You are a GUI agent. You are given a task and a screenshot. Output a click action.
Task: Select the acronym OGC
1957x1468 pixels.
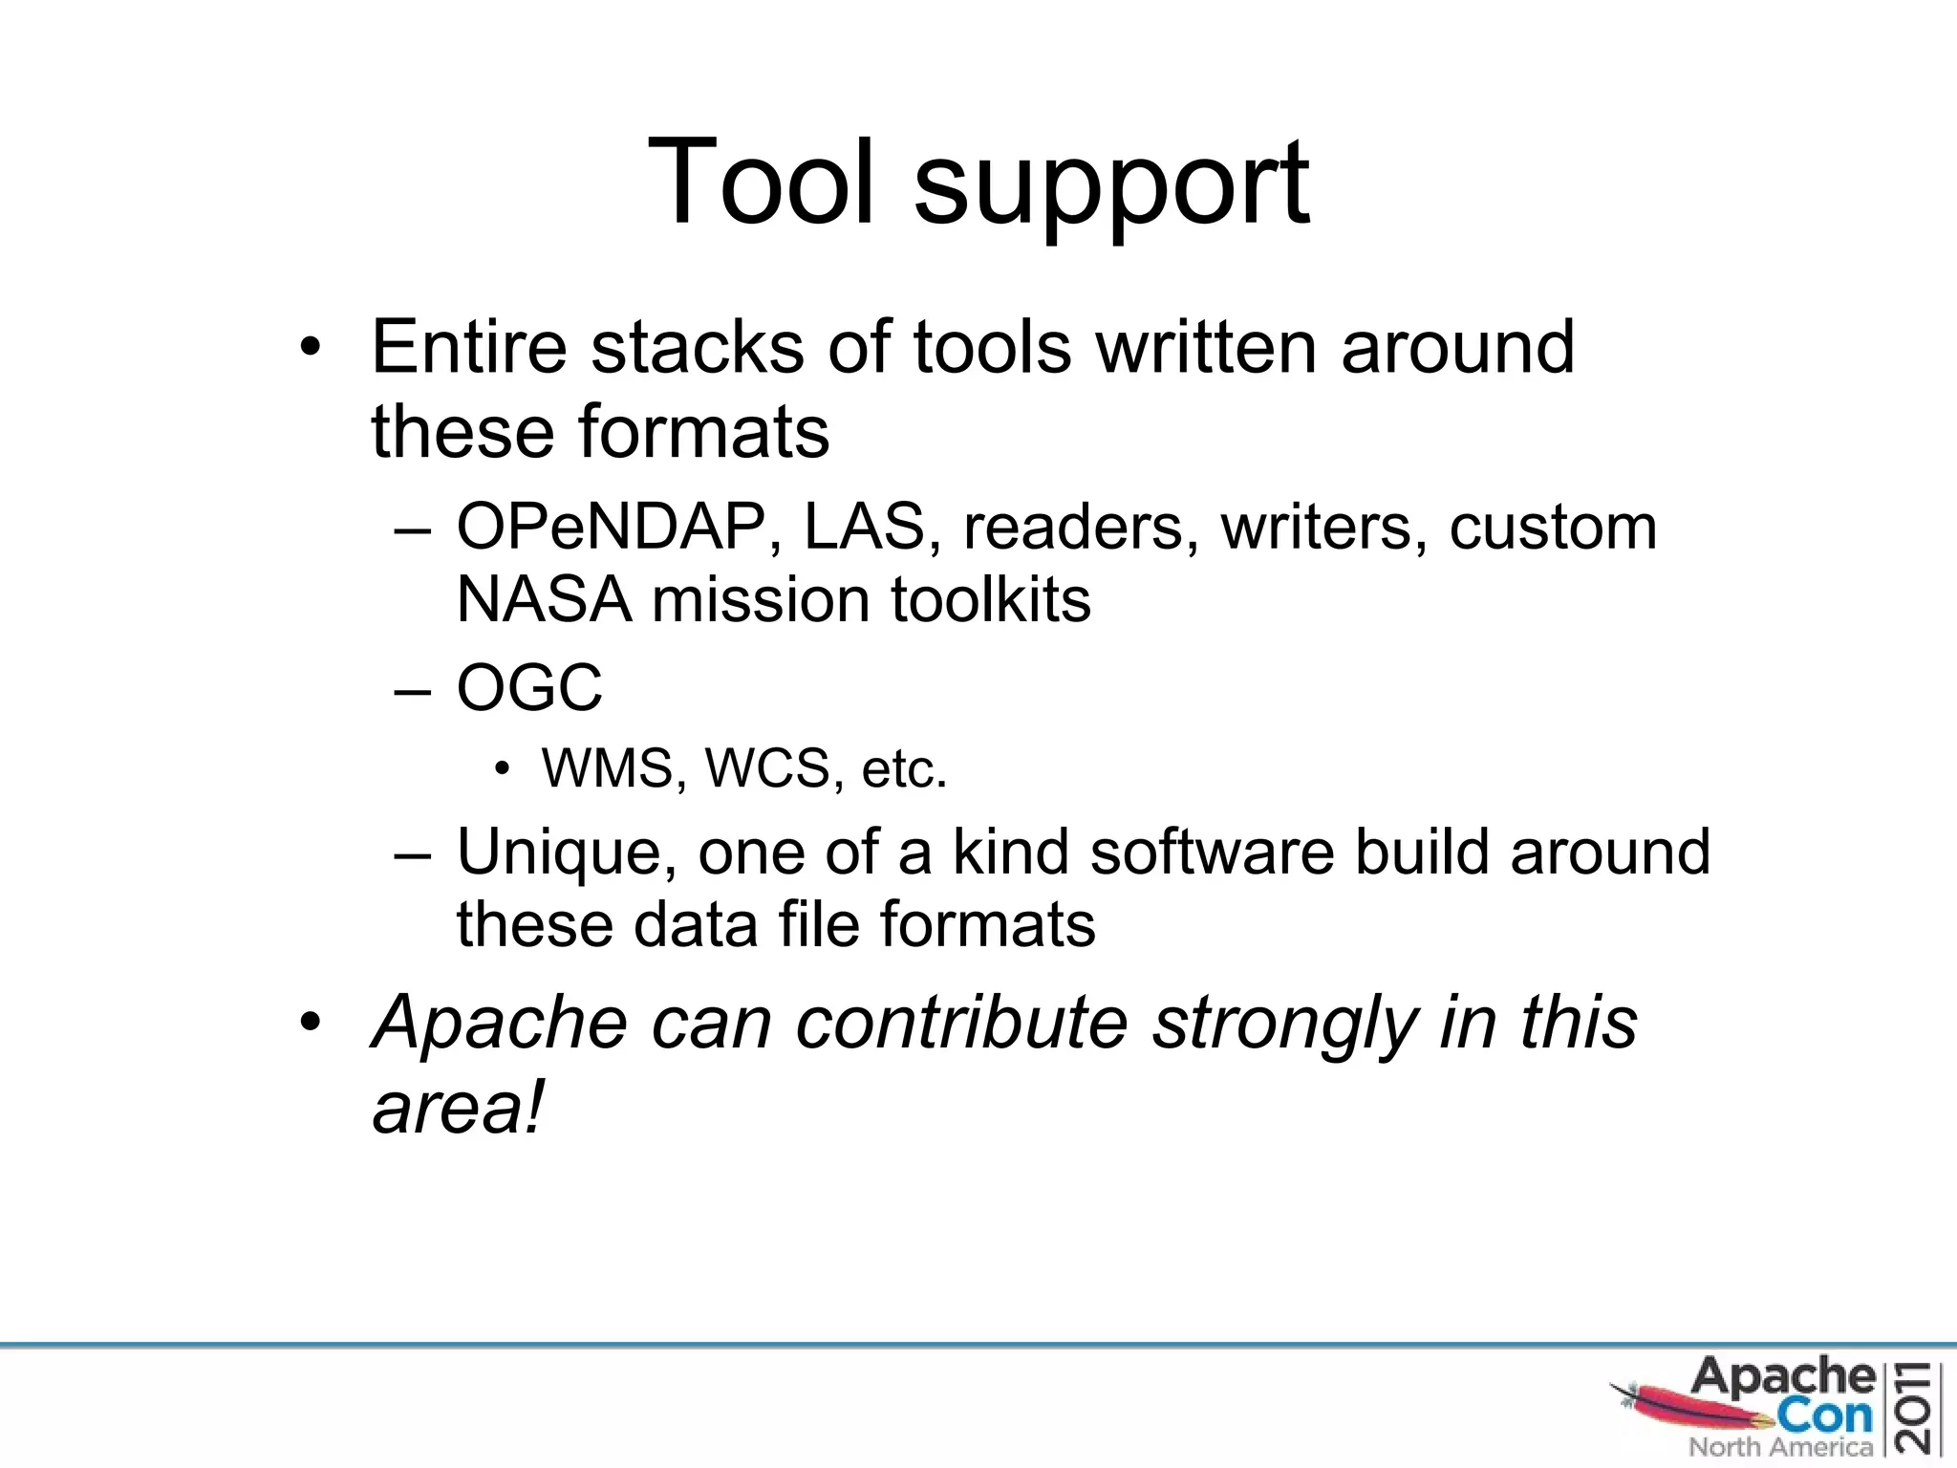coord(529,687)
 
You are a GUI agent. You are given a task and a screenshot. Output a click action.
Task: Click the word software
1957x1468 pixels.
coord(1212,853)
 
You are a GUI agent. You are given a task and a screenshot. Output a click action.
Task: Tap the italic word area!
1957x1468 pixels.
coord(457,1109)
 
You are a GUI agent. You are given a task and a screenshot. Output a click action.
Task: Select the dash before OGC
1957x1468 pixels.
coord(413,689)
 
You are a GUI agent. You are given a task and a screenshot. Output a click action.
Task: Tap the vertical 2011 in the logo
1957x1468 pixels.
coord(1919,1410)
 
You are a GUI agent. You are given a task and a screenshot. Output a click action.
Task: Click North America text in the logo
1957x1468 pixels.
coord(1780,1447)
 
